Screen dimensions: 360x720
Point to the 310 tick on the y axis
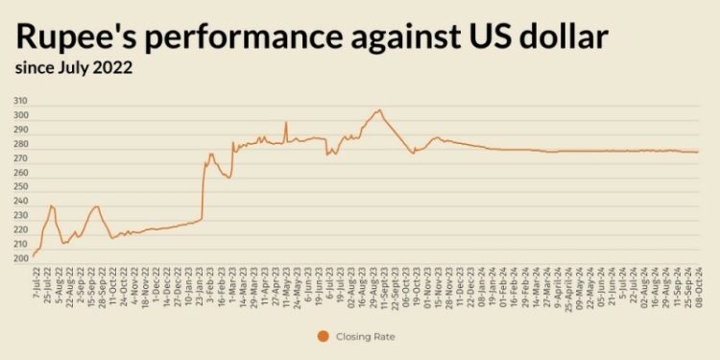[x=20, y=101]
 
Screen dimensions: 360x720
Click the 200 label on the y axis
[x=20, y=259]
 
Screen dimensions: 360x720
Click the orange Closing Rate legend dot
[x=323, y=336]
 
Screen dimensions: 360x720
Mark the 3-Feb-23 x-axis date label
[x=211, y=281]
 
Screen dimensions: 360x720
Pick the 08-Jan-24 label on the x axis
[x=483, y=283]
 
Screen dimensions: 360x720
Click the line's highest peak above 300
[x=378, y=109]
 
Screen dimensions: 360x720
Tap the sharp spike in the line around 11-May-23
[x=286, y=122]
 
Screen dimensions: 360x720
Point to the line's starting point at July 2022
[x=34, y=255]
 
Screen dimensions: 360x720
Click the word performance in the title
[x=227, y=37]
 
